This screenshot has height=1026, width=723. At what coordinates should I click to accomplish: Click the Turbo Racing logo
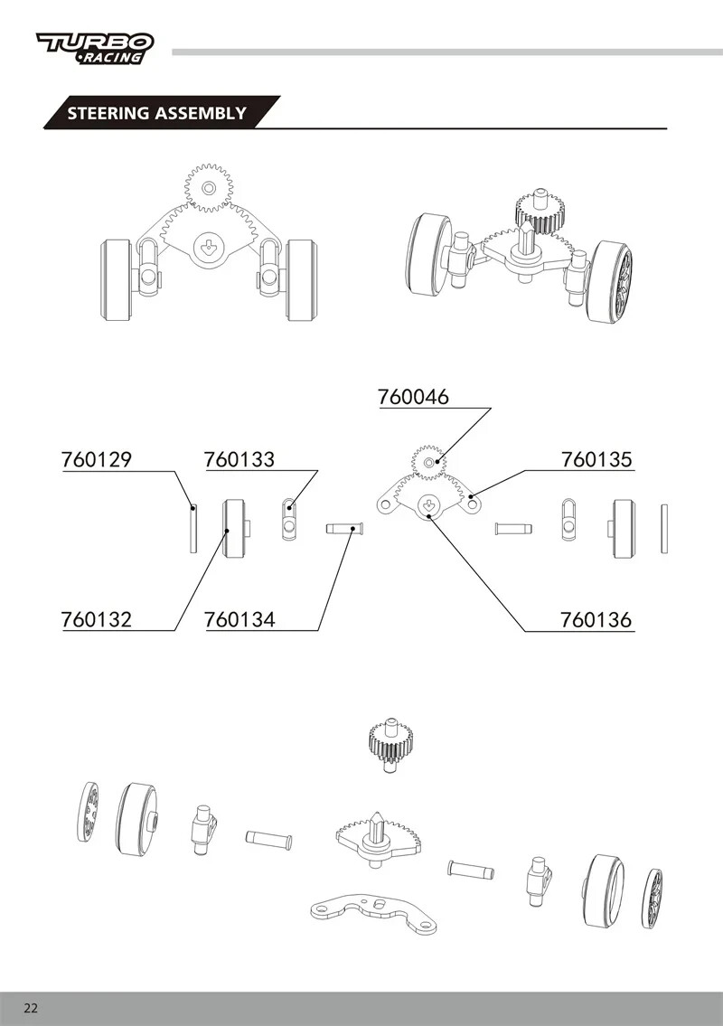[x=95, y=49]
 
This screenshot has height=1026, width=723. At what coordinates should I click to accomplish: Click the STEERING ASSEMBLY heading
[x=156, y=113]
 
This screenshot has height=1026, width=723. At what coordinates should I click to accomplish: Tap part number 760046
[x=414, y=397]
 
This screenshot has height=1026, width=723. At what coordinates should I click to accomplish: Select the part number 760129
[x=97, y=459]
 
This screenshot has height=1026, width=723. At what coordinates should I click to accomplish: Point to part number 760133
[x=239, y=459]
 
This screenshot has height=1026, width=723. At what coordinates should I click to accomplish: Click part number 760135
[x=596, y=459]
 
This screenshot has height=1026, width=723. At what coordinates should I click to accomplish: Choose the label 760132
[x=97, y=619]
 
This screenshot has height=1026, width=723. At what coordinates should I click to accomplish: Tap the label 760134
[x=239, y=619]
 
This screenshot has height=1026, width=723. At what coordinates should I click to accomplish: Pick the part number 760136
[x=596, y=619]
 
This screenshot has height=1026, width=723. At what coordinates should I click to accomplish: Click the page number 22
[x=30, y=1008]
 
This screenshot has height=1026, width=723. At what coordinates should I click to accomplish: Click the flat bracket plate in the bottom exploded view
[x=374, y=912]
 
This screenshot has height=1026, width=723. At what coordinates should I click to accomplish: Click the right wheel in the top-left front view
[x=302, y=279]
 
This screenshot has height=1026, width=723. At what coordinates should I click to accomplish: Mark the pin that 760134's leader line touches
[x=345, y=528]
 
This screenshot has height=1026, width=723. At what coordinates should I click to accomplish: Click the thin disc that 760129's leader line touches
[x=193, y=528]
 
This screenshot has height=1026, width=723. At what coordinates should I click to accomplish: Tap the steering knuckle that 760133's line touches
[x=290, y=519]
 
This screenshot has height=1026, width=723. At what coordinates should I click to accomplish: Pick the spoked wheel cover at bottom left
[x=89, y=812]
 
